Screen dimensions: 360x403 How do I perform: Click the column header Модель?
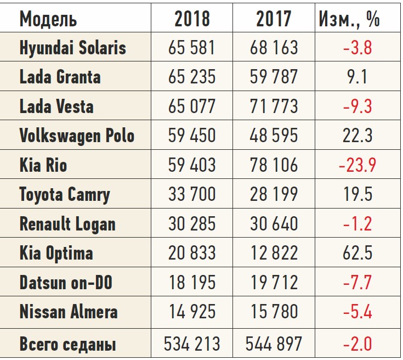48,20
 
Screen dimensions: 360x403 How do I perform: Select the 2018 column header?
192,20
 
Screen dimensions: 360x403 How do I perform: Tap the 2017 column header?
273,20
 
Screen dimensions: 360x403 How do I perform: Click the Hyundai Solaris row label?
73,48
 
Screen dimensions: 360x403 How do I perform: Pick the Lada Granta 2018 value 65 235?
192,77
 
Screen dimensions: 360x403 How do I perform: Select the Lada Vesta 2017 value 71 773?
273,106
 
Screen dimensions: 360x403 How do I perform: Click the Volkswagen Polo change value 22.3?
357,136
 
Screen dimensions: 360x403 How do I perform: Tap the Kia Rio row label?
43,165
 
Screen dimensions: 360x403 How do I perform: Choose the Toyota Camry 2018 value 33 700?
192,195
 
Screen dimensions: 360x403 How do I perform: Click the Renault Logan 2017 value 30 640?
273,224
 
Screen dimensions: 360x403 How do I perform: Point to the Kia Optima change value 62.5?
357,254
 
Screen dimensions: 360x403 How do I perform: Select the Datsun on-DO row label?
66,283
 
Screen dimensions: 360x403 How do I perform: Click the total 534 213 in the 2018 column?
192,344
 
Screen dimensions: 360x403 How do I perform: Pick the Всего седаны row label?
67,345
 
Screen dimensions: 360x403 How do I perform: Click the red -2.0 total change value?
357,344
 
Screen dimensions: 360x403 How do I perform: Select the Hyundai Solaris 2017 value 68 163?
273,48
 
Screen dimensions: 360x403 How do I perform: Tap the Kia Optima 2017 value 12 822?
273,254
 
